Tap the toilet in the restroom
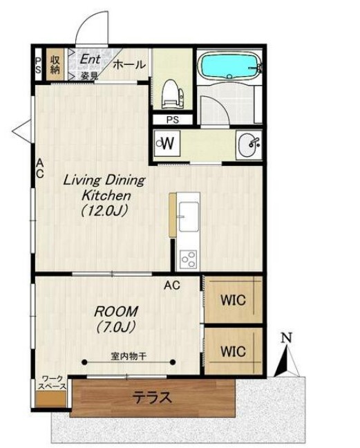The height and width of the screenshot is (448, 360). coord(172,94)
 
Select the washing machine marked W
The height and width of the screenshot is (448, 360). coord(167,143)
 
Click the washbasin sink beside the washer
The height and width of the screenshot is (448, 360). coord(249,145)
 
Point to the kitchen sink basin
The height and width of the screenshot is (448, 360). coord(189,216)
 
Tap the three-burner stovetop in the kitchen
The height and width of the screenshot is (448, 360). coord(188,259)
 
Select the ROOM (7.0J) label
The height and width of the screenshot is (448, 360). coord(115,319)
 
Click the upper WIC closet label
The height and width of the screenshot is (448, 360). coord(233,300)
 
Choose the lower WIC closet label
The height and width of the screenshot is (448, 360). coord(233,351)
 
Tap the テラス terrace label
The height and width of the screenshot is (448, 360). coord(153,398)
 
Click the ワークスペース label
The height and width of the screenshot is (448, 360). coord(53,383)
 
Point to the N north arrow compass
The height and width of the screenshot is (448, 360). coord(287,356)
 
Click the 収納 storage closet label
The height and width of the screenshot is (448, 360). coord(55,65)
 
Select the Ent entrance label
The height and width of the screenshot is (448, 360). coord(90,59)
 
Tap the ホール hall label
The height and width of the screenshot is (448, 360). coord(129,65)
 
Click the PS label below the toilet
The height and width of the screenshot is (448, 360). coord(173,120)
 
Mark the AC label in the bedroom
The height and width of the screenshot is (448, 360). coord(172,285)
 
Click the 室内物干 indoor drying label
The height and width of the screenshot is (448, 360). coord(129,356)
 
